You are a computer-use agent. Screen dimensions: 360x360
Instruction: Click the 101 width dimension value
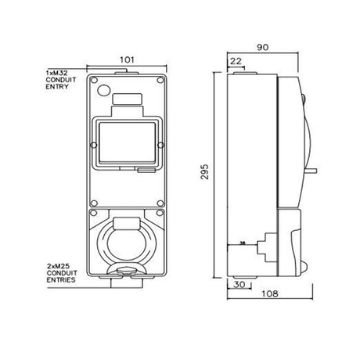[x=127, y=59]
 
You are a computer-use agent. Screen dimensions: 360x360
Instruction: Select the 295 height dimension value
[x=205, y=171]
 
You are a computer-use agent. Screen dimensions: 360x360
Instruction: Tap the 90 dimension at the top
[x=262, y=47]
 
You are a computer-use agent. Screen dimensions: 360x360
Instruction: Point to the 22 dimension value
[x=236, y=61]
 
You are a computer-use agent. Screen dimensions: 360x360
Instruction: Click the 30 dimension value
[x=239, y=284]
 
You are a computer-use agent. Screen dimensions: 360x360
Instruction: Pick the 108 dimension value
[x=270, y=293]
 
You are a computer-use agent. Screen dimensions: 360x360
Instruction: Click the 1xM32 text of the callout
[x=56, y=73]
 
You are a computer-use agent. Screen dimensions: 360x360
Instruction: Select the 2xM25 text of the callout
[x=58, y=266]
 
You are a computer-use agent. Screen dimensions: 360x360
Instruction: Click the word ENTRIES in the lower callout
[x=61, y=280]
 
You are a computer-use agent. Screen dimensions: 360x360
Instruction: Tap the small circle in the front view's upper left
[x=104, y=90]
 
